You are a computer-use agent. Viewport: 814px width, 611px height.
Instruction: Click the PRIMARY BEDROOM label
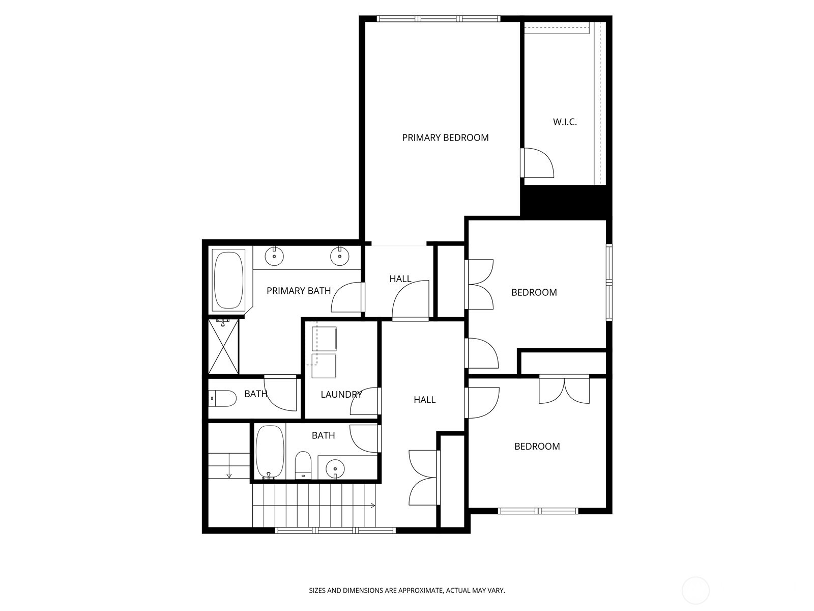point(445,137)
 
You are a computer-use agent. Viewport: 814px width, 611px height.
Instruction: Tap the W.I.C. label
point(565,122)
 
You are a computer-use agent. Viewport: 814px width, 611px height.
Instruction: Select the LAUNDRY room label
point(341,394)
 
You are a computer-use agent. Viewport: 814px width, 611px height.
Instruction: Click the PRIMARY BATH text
point(299,291)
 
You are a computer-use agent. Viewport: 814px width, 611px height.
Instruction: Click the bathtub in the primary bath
point(228,280)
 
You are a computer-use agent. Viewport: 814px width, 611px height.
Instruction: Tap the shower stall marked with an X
point(223,347)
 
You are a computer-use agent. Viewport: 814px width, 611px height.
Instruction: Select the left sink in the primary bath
point(274,256)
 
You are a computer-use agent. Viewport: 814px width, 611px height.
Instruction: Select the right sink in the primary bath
point(338,256)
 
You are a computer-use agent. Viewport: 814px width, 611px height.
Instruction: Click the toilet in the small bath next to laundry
point(223,398)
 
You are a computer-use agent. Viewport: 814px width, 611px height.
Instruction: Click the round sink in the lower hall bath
point(335,467)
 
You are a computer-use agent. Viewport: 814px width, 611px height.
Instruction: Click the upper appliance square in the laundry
point(324,339)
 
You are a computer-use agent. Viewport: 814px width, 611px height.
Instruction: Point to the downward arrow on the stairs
point(229,474)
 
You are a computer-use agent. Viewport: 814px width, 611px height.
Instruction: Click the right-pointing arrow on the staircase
point(372,506)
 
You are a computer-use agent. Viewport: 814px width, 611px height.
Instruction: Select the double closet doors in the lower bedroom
point(564,390)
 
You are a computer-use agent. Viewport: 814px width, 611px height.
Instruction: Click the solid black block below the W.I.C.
point(565,201)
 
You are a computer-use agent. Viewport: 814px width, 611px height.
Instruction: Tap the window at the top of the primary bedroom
point(438,19)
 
